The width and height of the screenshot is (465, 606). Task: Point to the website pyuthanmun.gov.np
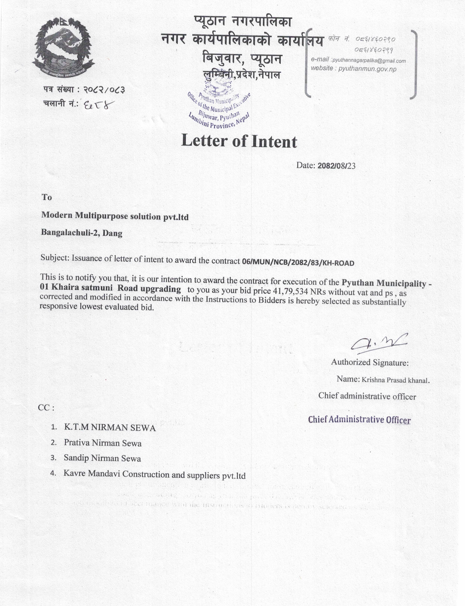tap(367, 69)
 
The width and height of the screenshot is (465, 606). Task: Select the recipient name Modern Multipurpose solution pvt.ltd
tap(115, 216)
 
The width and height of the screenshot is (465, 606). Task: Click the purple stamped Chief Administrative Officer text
tap(359, 420)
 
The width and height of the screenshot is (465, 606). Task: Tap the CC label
tap(46, 408)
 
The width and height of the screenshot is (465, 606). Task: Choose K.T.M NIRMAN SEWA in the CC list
tap(110, 428)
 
